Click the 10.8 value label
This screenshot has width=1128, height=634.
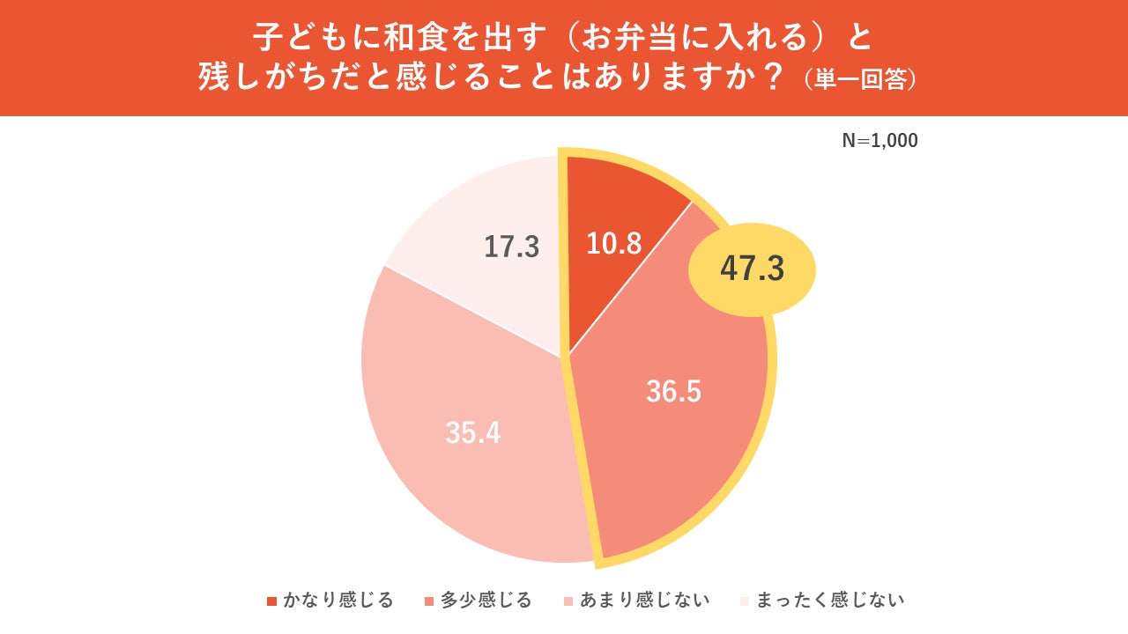[614, 243]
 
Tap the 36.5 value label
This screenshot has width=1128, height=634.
[673, 392]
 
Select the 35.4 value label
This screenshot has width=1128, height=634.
[473, 432]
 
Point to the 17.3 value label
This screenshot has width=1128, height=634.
[511, 247]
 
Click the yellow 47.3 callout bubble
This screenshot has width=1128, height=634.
[752, 269]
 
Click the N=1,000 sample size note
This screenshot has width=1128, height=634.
[879, 141]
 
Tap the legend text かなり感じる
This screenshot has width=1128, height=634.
[338, 601]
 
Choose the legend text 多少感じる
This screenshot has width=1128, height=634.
[486, 601]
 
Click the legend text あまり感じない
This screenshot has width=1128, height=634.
[645, 601]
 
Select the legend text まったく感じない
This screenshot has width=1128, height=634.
[830, 601]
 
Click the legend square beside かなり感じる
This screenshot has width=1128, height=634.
[271, 601]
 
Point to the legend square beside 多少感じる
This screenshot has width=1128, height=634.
[429, 601]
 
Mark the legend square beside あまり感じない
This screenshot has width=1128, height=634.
[569, 601]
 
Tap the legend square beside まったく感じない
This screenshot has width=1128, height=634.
[745, 601]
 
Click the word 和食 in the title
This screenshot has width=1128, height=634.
[390, 38]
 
